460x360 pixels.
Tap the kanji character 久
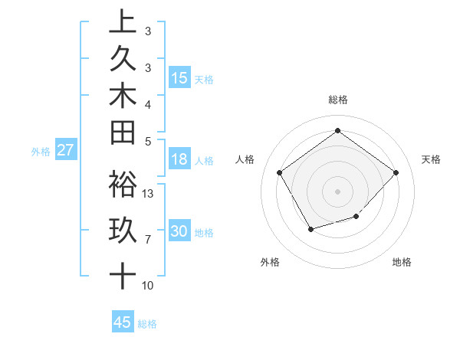point(123,59)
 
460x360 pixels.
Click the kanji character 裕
point(123,184)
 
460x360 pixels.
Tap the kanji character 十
point(123,274)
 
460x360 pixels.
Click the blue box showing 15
point(179,77)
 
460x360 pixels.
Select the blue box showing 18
point(179,159)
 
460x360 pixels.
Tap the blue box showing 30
point(179,231)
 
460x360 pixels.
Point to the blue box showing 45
point(123,322)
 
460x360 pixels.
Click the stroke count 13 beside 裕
point(149,193)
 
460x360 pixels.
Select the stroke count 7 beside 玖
point(148,240)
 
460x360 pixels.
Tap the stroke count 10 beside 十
point(148,286)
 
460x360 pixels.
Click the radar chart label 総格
point(337,100)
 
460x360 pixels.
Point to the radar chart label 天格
point(431,159)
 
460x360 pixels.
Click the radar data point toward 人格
point(279,172)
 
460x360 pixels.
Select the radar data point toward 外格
point(310,229)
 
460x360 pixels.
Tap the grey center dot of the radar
point(337,191)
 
